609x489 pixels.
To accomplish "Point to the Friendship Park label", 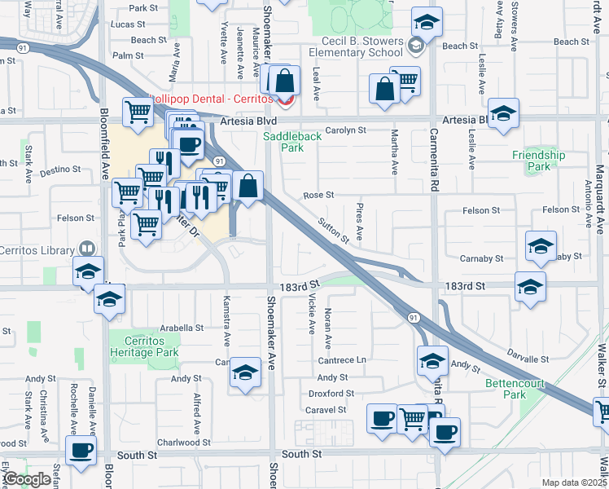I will pyautogui.click(x=539, y=161).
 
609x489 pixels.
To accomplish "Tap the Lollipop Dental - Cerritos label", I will pyautogui.click(x=212, y=99).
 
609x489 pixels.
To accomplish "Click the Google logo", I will pyautogui.click(x=28, y=479).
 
